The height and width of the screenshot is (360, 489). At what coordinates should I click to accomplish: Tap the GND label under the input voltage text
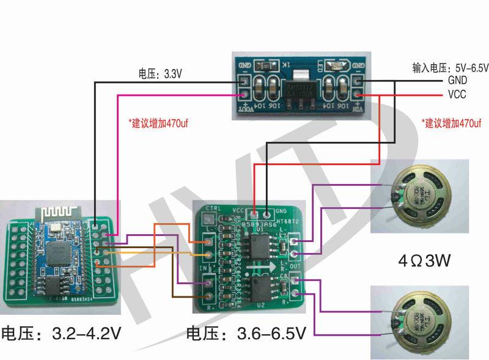pyautogui.click(x=457, y=80)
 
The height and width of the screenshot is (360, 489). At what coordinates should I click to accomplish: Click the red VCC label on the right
pyautogui.click(x=457, y=95)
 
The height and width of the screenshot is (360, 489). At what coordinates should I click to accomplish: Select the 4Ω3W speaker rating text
pyautogui.click(x=424, y=261)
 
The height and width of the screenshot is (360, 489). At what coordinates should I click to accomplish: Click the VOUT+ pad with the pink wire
pyautogui.click(x=244, y=95)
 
